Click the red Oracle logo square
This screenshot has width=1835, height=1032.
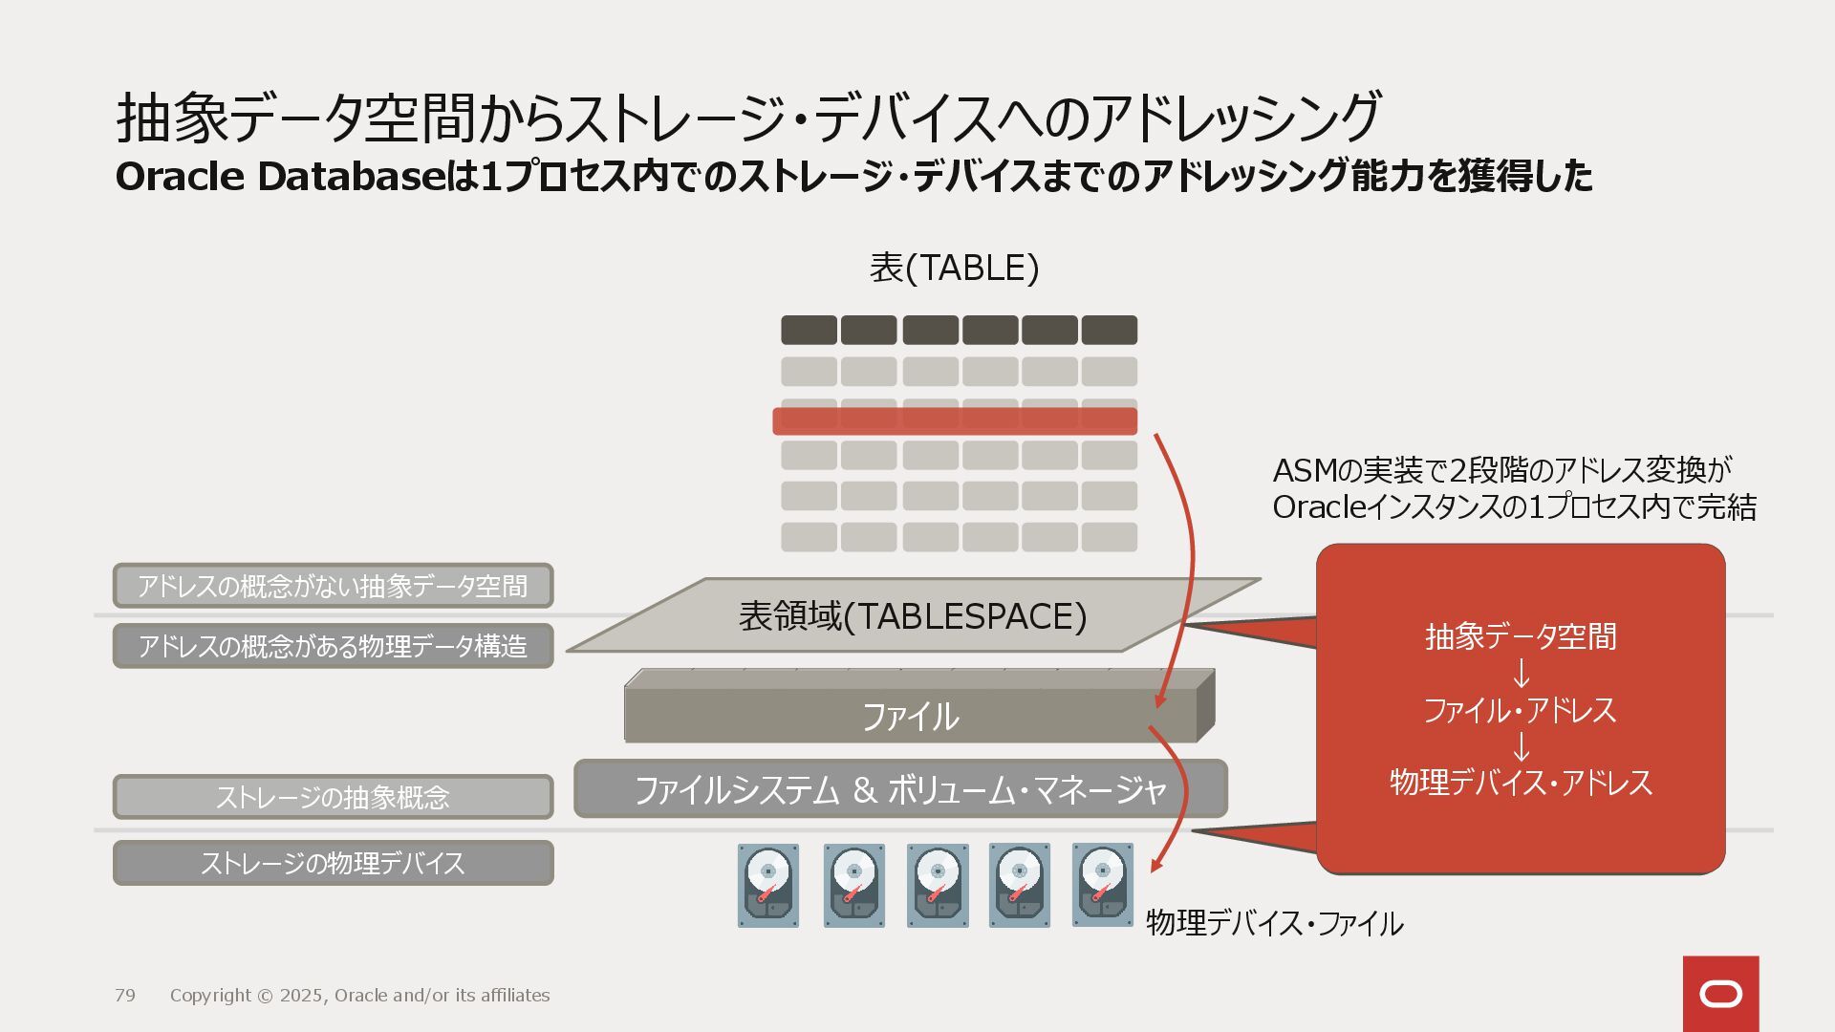pyautogui.click(x=1720, y=994)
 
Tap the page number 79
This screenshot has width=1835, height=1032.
pyautogui.click(x=125, y=996)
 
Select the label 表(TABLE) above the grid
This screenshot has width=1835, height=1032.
pyautogui.click(x=954, y=269)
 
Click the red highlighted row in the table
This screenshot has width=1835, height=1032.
pyautogui.click(x=954, y=421)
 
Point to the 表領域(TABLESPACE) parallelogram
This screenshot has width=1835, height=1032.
pyautogui.click(x=913, y=616)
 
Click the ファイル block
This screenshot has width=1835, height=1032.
pyautogui.click(x=910, y=716)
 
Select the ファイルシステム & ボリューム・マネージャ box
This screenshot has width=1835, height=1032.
pyautogui.click(x=899, y=789)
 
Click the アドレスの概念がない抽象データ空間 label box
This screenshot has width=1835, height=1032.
pyautogui.click(x=333, y=586)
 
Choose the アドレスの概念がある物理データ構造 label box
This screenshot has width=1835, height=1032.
pyautogui.click(x=333, y=646)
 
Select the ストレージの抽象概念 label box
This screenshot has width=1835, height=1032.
pyautogui.click(x=333, y=797)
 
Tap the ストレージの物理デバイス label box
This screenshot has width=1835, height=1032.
pyautogui.click(x=333, y=863)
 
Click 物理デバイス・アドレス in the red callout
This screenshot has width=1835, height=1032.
pyautogui.click(x=1521, y=783)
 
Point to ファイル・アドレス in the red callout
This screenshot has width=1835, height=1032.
pyautogui.click(x=1520, y=710)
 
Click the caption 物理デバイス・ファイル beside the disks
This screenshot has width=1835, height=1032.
pyautogui.click(x=1274, y=923)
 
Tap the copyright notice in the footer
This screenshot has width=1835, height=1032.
pyautogui.click(x=359, y=996)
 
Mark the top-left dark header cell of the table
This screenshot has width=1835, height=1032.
pyautogui.click(x=809, y=330)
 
